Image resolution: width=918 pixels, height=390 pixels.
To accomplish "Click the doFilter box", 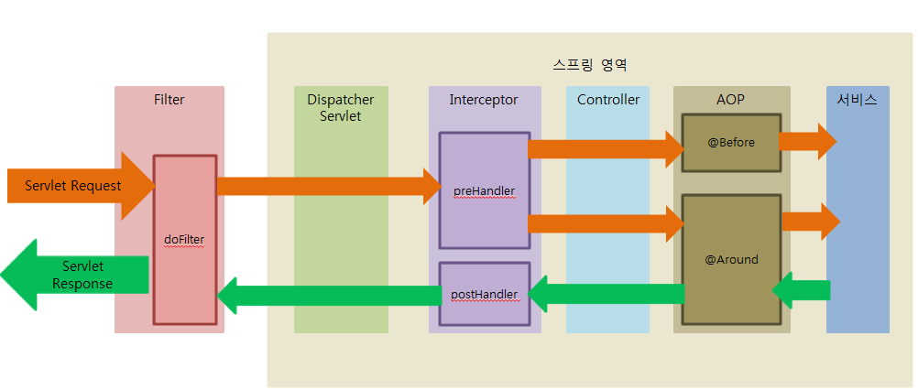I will point(184,239).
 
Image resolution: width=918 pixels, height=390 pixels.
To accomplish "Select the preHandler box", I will point(484,190).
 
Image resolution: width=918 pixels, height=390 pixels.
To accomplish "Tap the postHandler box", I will point(484,295).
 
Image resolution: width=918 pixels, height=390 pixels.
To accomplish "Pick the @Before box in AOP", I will point(730,143).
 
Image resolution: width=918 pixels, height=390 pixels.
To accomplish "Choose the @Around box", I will point(730,259).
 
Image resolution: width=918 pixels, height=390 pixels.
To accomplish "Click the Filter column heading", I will point(169,100).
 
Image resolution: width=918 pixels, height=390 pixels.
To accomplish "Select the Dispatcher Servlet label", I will point(340,108).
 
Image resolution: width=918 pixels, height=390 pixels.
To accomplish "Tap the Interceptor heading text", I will point(483,100).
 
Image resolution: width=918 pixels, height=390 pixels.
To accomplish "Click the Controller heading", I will point(607,100).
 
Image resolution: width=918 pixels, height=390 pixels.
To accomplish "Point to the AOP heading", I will point(730,100).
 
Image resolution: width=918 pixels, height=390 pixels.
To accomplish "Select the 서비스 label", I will point(857,100).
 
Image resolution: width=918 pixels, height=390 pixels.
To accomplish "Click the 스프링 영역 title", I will point(590,66).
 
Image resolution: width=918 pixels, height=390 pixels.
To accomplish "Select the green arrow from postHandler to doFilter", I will point(330,295).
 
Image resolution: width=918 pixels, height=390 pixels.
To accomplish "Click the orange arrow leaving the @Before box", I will point(806,141).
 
